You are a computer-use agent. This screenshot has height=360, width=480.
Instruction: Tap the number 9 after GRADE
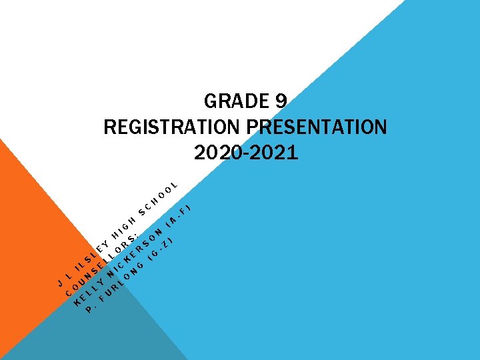(280, 101)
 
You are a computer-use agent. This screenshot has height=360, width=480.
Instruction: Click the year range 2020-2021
(246, 153)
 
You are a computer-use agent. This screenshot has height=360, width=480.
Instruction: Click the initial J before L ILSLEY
(59, 283)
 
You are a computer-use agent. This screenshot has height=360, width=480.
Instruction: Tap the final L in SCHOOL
(174, 184)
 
